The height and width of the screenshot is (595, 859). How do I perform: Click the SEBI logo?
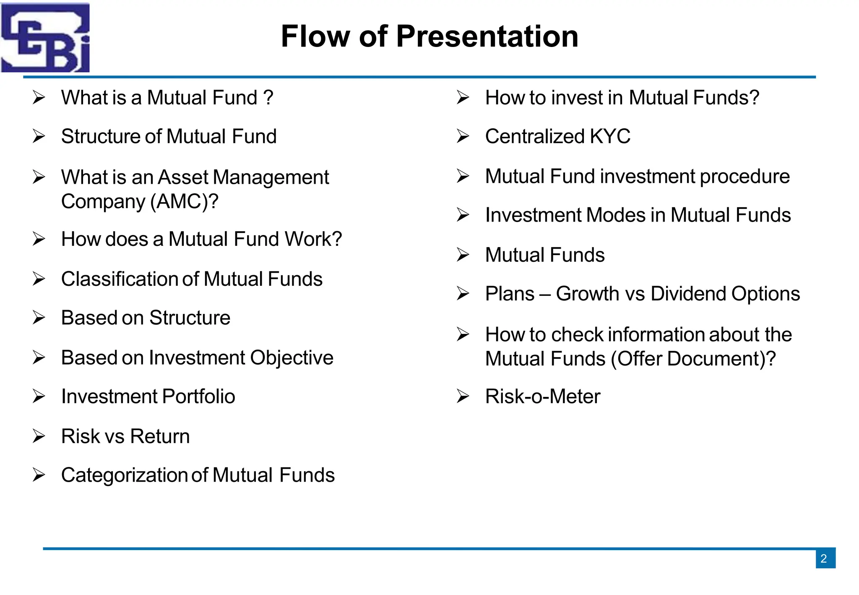[x=45, y=38]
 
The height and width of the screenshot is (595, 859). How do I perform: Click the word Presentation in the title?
[x=487, y=37]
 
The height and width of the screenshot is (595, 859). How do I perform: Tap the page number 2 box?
[x=825, y=558]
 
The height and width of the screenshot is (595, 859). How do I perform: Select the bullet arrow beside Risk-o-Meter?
[x=463, y=396]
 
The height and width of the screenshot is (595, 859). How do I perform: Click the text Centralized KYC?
[x=557, y=136]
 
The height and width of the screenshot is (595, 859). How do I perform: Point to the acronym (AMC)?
[x=184, y=202]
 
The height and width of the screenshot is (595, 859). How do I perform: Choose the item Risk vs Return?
[x=125, y=436]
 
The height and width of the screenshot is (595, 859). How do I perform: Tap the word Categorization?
[x=124, y=475]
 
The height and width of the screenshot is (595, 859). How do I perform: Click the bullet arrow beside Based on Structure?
[x=39, y=318]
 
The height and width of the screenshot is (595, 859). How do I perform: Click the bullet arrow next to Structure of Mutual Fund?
[x=39, y=136]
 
